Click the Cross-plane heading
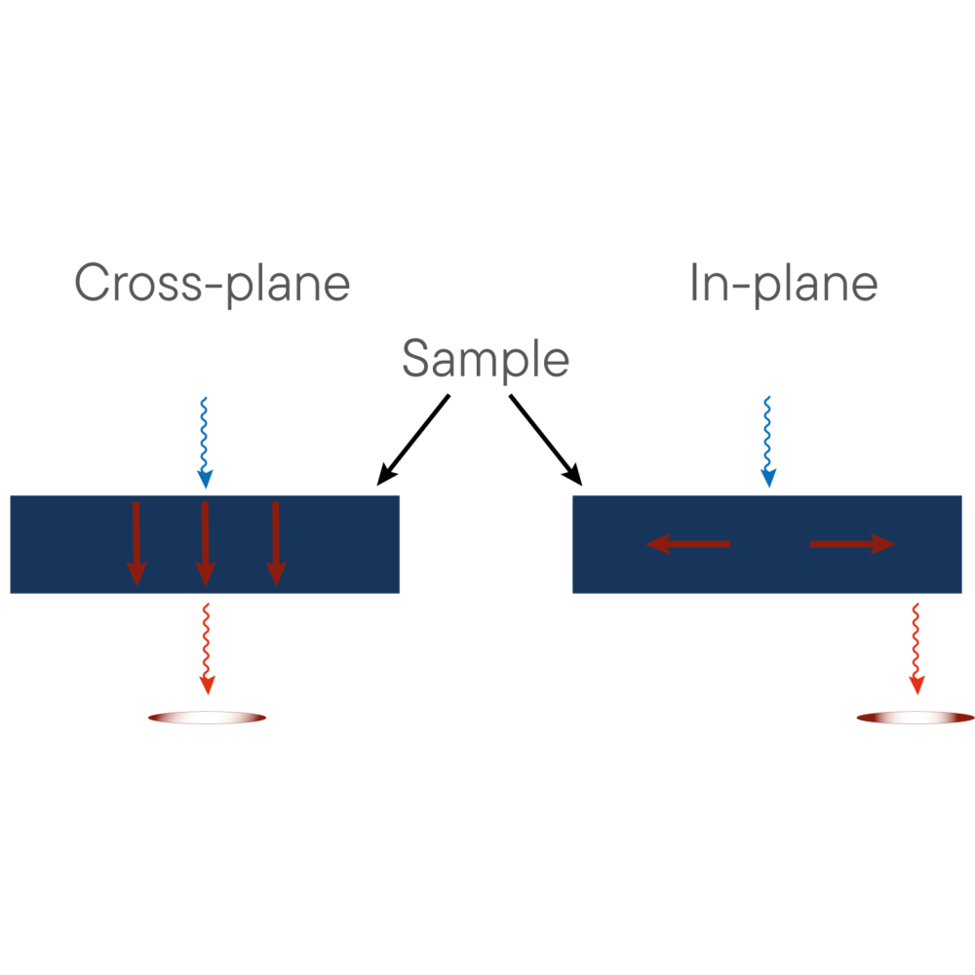click(x=212, y=284)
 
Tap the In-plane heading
click(x=783, y=284)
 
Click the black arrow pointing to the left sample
click(x=413, y=440)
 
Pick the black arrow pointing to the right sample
click(x=545, y=440)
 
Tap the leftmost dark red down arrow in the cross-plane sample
click(x=136, y=543)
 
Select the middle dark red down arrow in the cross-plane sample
click(x=205, y=543)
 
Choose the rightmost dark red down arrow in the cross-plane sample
click(x=276, y=543)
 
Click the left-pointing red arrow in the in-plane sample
click(x=688, y=544)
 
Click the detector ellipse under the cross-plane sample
click(x=207, y=719)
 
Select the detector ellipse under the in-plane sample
click(x=915, y=719)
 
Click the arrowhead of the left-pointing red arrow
click(x=657, y=544)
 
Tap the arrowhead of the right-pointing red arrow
click(x=883, y=544)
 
